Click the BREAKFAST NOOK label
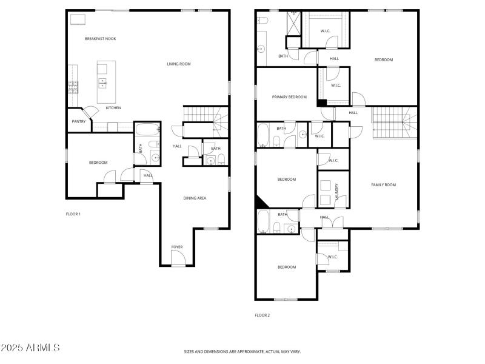(100, 39)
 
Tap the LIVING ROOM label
(179, 64)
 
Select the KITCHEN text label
(113, 108)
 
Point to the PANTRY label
(79, 121)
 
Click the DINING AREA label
(195, 198)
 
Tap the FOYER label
(176, 247)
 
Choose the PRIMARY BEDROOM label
(289, 97)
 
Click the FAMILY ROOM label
(383, 185)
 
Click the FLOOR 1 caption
(73, 214)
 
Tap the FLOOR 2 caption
(262, 315)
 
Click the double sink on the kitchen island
(102, 82)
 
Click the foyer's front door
(178, 260)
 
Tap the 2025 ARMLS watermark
(30, 348)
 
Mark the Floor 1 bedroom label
(98, 163)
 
